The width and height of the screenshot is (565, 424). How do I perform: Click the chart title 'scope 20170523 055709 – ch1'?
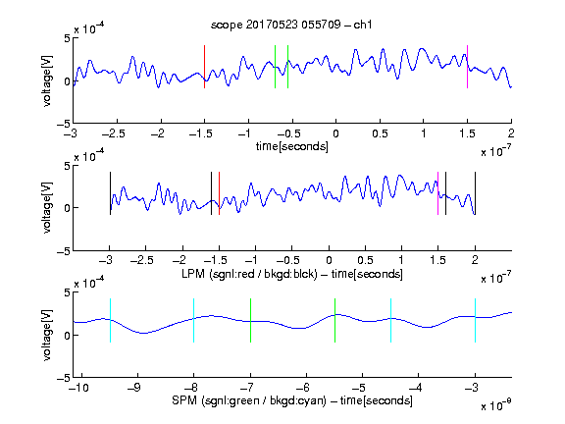point(291,25)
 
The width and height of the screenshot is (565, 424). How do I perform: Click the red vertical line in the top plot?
point(204,67)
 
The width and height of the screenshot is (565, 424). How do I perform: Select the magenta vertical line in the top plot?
point(467,67)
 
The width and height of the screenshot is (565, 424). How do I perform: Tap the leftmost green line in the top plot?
point(275,67)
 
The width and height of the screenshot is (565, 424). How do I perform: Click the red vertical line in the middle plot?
point(219,193)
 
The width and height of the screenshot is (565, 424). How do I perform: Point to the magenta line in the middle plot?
point(437,193)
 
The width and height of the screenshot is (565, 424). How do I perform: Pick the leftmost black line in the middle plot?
point(110,193)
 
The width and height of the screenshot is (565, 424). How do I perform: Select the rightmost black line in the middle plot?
point(475,193)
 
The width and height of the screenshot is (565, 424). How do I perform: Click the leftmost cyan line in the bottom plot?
point(110,321)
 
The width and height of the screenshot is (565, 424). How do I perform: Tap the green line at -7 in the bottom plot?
point(250,321)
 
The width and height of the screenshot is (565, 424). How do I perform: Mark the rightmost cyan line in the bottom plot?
point(475,321)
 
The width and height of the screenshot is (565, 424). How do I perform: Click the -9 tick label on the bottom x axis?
point(134,388)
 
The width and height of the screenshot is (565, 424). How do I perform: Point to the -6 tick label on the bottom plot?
point(303,388)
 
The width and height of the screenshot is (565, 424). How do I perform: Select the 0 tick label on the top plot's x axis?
point(335,133)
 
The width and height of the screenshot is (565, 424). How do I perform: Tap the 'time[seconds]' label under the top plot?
point(292,146)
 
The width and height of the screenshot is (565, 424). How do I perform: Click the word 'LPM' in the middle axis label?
point(193,274)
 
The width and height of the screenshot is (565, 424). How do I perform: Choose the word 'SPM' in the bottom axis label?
point(184,400)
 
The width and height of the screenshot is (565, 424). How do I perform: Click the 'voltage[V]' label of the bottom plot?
point(47,335)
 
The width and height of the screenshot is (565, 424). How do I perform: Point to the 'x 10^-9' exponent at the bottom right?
point(496,404)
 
